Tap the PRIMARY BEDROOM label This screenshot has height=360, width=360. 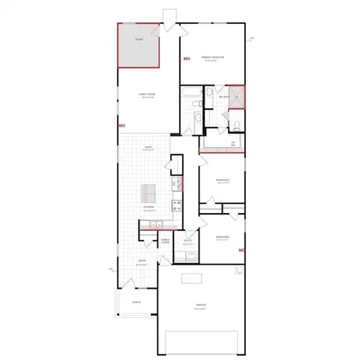[x=214, y=57]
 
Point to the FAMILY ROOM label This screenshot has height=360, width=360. [x=147, y=94]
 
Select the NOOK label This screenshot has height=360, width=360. [x=148, y=147]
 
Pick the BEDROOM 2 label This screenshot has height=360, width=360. [x=223, y=181]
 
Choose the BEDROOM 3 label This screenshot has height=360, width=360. [x=223, y=238]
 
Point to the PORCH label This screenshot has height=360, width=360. [x=136, y=304]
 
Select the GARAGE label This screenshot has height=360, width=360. [x=200, y=304]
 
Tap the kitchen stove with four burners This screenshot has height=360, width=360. [x=177, y=204]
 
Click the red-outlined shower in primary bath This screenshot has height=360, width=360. [x=238, y=95]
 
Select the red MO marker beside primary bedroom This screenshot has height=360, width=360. [x=187, y=58]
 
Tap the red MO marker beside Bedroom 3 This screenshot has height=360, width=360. [x=241, y=250]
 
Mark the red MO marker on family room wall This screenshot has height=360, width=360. [x=121, y=125]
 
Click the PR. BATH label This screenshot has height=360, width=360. [x=223, y=97]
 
